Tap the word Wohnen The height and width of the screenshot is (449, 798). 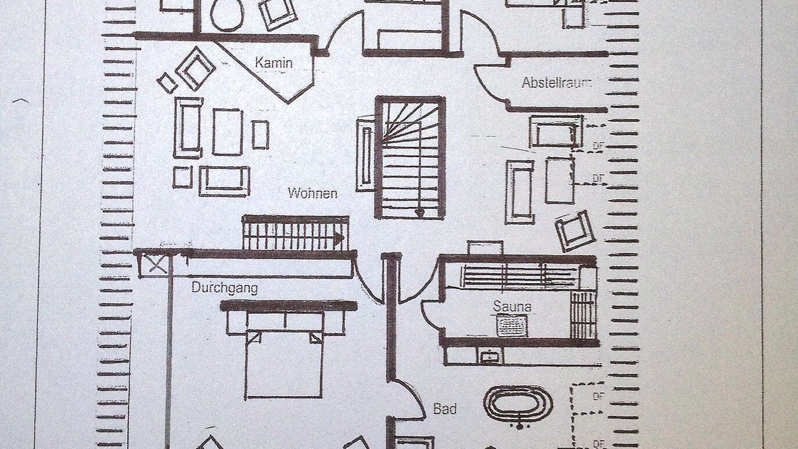point(312,193)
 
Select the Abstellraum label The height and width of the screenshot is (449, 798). point(557,82)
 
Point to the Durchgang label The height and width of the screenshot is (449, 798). point(224,288)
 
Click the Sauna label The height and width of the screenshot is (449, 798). point(512,307)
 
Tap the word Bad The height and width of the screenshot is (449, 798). point(445,409)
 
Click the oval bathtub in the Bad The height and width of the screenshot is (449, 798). point(518,403)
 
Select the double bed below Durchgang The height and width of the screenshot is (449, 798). point(284,362)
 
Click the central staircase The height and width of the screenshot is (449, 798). point(410,157)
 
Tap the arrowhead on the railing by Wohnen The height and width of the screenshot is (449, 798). point(339,238)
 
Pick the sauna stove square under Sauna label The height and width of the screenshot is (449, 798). point(511,326)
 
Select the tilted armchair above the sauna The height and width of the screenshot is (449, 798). point(575,230)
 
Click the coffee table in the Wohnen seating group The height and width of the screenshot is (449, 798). point(227,132)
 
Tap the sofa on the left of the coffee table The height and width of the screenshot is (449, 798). point(188,127)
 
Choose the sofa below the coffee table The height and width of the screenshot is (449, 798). point(224,181)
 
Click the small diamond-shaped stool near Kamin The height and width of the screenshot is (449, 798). point(166,83)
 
